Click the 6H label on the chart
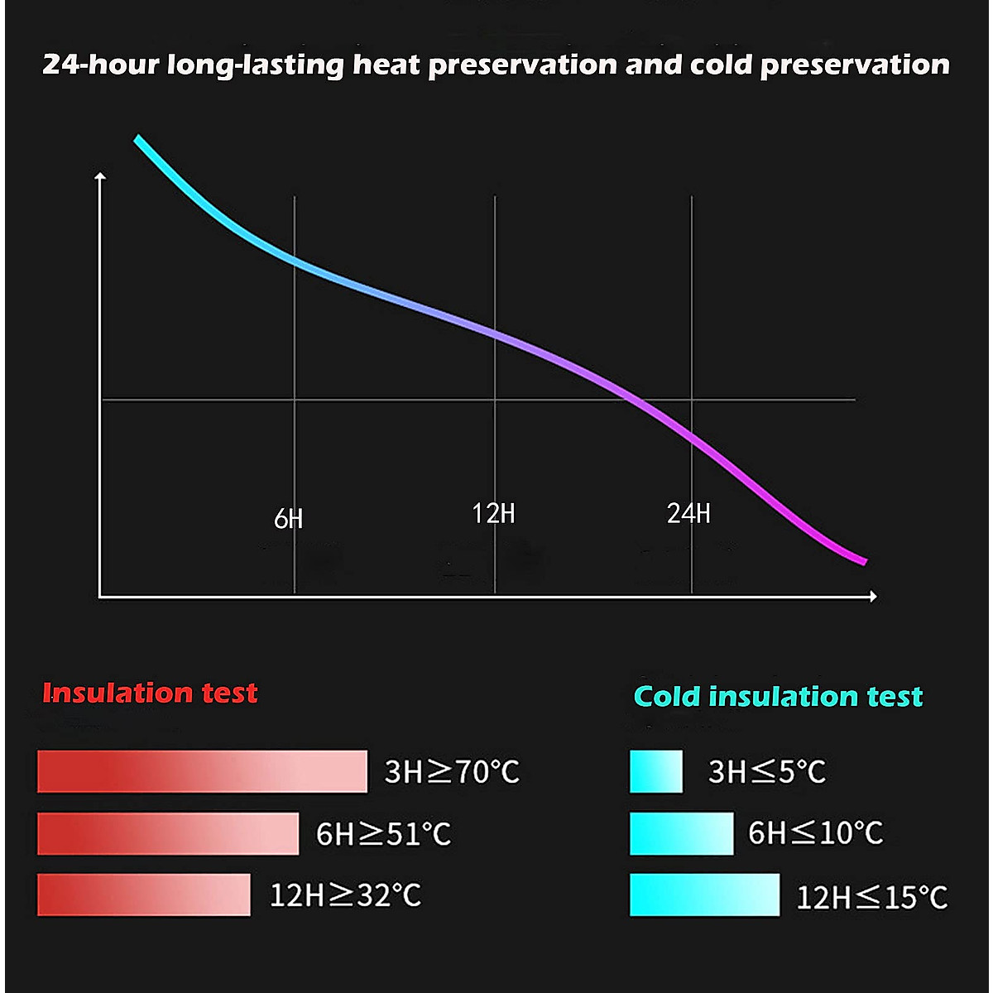[288, 519]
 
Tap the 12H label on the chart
[493, 514]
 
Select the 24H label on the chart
[688, 514]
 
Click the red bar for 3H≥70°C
[202, 771]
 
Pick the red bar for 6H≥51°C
[168, 833]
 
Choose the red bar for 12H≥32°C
[143, 895]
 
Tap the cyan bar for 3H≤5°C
[656, 771]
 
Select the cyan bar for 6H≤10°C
[681, 833]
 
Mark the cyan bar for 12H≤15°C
[704, 895]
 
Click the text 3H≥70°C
[452, 772]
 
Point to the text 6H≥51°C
[384, 833]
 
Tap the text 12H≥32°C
[345, 895]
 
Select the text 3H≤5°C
[767, 772]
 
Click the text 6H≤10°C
[815, 833]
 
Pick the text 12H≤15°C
[871, 897]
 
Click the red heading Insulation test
[150, 693]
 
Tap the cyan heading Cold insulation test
[778, 697]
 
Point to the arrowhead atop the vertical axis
[101, 176]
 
